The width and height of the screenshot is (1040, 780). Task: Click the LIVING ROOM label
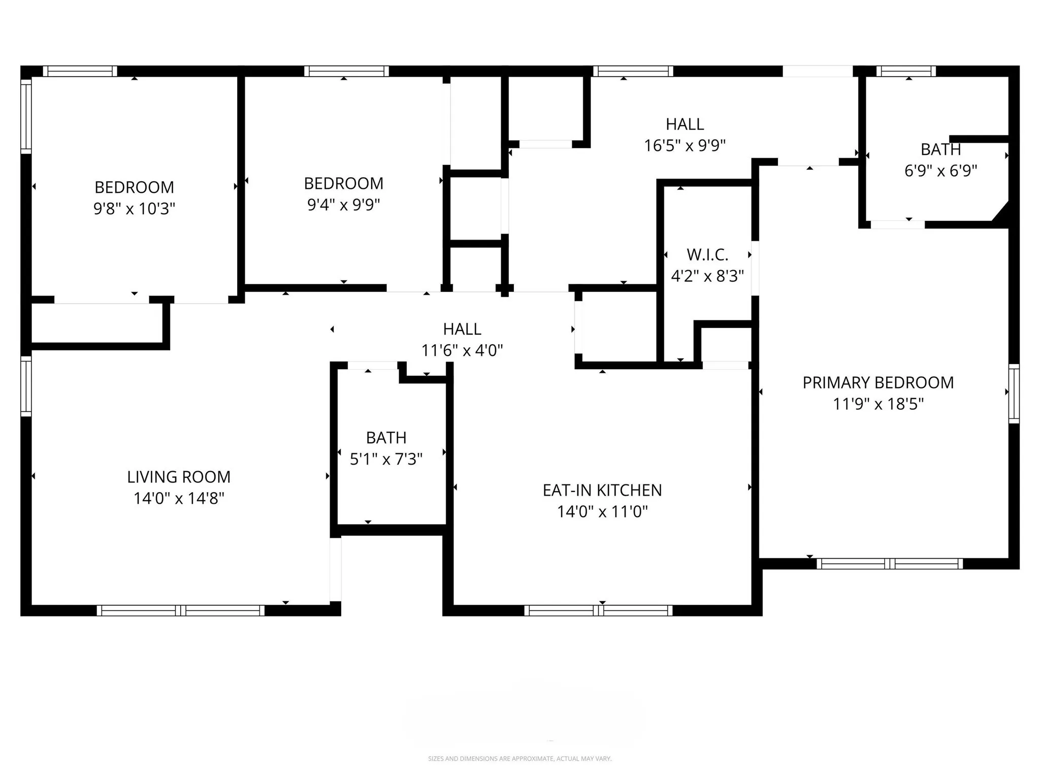click(179, 477)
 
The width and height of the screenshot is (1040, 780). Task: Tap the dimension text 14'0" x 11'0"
click(602, 511)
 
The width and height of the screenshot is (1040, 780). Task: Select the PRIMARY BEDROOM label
click(878, 382)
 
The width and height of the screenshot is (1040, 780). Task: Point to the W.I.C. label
click(707, 254)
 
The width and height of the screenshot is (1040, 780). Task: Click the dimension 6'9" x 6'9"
click(940, 171)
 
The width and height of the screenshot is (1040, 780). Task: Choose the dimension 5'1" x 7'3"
click(386, 459)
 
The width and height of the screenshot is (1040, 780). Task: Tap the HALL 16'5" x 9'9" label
click(685, 124)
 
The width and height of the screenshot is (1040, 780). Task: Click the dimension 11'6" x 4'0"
click(462, 350)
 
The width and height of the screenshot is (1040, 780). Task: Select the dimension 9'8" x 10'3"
click(134, 209)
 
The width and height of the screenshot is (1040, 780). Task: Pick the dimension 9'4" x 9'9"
click(343, 205)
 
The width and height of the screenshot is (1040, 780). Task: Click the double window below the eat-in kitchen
click(598, 610)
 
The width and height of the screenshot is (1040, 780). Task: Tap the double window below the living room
click(180, 610)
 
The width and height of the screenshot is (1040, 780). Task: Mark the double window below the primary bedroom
click(889, 564)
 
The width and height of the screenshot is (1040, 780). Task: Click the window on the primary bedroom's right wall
click(1014, 393)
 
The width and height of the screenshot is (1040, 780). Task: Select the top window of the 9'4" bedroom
click(346, 71)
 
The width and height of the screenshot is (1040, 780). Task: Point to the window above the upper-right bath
click(905, 71)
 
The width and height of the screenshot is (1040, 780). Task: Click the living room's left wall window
click(26, 386)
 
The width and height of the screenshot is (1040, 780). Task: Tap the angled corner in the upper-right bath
click(1001, 212)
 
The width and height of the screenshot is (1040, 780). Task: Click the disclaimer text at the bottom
click(519, 759)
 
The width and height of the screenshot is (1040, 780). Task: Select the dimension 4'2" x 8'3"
click(707, 276)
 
